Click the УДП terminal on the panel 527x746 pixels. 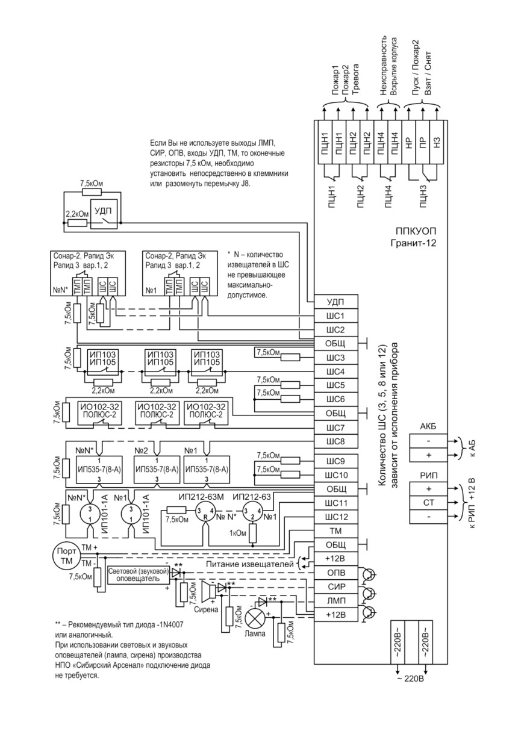(336, 302)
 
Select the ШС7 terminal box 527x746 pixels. (336, 427)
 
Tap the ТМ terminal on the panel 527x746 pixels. (336, 531)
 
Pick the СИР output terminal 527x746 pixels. (336, 586)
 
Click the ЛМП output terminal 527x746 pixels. (336, 600)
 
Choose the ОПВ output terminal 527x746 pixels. (336, 573)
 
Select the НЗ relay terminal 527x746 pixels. (437, 142)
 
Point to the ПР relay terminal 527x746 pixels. (423, 142)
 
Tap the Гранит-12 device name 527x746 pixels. (413, 243)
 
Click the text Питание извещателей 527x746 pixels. (250, 564)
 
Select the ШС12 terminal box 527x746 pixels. (336, 517)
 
